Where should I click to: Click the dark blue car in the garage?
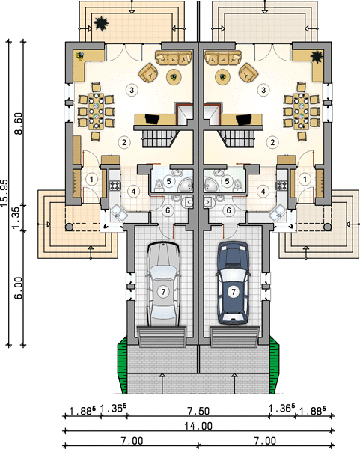point(233,283)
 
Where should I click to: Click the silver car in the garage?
point(163,284)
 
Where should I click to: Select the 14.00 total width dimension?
point(198,426)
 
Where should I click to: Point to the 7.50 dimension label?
point(198,411)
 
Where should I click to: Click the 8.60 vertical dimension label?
point(19,123)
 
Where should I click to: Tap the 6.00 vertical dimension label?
point(18,288)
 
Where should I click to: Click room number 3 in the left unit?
point(132,90)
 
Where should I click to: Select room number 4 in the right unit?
point(263,191)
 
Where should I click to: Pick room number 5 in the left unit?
point(168,181)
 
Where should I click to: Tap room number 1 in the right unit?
point(305,180)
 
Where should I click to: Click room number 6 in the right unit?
point(228,210)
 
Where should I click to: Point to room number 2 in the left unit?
point(124,142)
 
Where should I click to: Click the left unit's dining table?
point(96,112)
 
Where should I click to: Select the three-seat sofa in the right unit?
point(223,58)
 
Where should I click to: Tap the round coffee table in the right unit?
point(223,77)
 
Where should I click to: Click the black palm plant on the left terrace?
point(101,23)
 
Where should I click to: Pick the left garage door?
point(162,337)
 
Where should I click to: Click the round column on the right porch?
point(328,227)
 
